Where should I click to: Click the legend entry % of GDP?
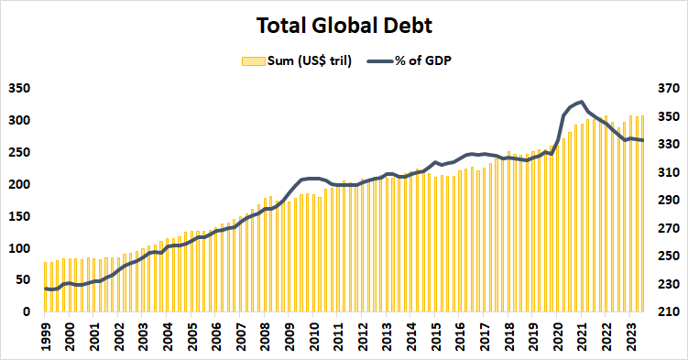(x=422, y=60)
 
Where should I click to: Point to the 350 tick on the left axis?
(x=18, y=89)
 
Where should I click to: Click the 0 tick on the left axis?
(x=27, y=312)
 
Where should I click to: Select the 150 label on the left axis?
(x=18, y=216)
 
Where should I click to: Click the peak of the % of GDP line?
(x=582, y=102)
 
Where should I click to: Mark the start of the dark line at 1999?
(x=45, y=289)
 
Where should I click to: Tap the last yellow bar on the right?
(x=643, y=213)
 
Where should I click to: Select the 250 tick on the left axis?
(x=18, y=153)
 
